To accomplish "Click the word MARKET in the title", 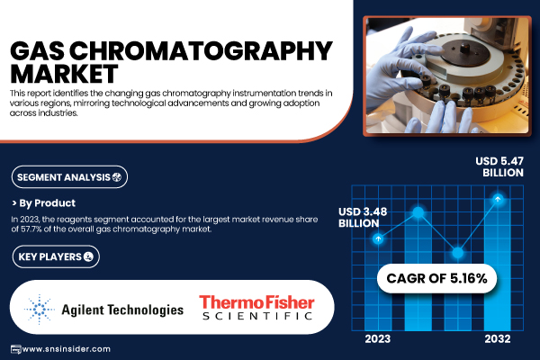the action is [x=65, y=74].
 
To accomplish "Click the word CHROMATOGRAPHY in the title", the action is [x=201, y=51].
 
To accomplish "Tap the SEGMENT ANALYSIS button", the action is [x=69, y=177].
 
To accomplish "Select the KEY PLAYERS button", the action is [x=56, y=256].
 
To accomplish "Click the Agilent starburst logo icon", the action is [x=40, y=309].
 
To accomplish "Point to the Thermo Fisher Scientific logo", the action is [x=256, y=308].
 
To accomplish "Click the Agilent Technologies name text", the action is [x=122, y=310].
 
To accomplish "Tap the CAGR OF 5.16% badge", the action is [x=436, y=278].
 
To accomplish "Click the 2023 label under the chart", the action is [x=378, y=339].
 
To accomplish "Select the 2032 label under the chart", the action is [x=498, y=339].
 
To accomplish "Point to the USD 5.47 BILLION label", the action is [x=499, y=166].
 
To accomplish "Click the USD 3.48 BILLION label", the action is [x=363, y=218].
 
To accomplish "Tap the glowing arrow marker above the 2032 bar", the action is [x=498, y=199].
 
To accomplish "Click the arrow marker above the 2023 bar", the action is [x=378, y=238].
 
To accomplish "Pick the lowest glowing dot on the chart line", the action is [x=458, y=253].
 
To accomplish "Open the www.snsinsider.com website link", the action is [x=66, y=349].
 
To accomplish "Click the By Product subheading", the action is [x=44, y=203].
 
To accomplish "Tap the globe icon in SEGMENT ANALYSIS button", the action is [x=117, y=177].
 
